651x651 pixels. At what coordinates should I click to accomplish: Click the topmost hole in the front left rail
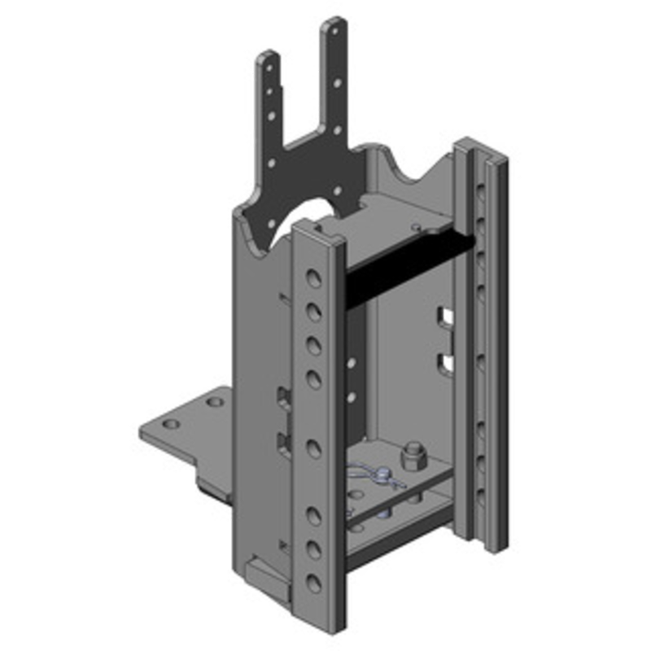pyautogui.click(x=312, y=279)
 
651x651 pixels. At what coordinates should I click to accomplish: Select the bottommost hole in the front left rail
pyautogui.click(x=312, y=581)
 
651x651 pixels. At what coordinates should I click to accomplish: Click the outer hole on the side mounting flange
pyautogui.click(x=170, y=425)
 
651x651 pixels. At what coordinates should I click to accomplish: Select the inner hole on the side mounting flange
pyautogui.click(x=213, y=402)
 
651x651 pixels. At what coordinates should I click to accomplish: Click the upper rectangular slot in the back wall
pyautogui.click(x=444, y=315)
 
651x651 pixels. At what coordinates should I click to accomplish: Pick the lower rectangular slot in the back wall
pyautogui.click(x=444, y=361)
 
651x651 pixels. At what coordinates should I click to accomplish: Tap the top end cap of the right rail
pyautogui.click(x=480, y=151)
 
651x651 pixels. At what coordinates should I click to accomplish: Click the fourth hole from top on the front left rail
pyautogui.click(x=312, y=377)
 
